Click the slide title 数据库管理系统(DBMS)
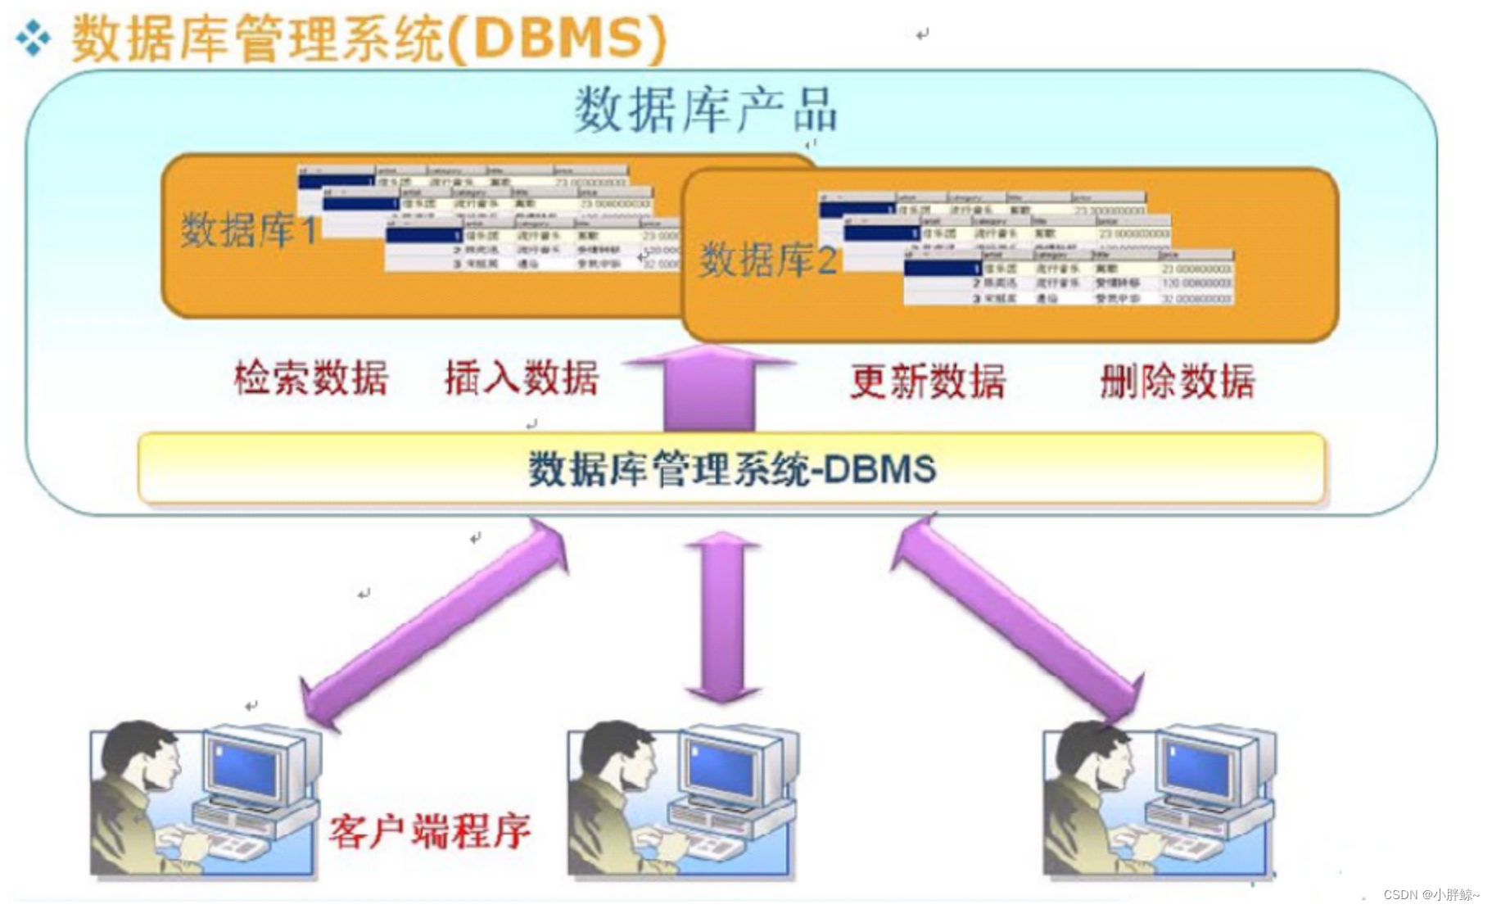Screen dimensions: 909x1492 pos(368,38)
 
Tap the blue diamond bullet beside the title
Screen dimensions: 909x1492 pos(33,38)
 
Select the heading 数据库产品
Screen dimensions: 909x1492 pos(706,110)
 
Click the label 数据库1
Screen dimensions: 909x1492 pos(249,230)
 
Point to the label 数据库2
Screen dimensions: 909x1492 pos(768,260)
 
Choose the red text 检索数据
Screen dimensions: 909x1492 pos(311,378)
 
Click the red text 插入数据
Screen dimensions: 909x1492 pos(522,378)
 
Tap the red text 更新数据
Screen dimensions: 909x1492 pos(928,382)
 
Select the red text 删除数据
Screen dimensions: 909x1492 pos(1177,382)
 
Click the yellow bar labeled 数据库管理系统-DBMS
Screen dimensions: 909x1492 pos(731,468)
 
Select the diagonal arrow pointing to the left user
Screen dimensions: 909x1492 pos(434,622)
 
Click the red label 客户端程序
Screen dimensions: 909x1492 pos(430,831)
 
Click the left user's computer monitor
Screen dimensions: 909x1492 pos(245,767)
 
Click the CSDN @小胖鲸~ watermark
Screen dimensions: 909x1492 pos(1431,894)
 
